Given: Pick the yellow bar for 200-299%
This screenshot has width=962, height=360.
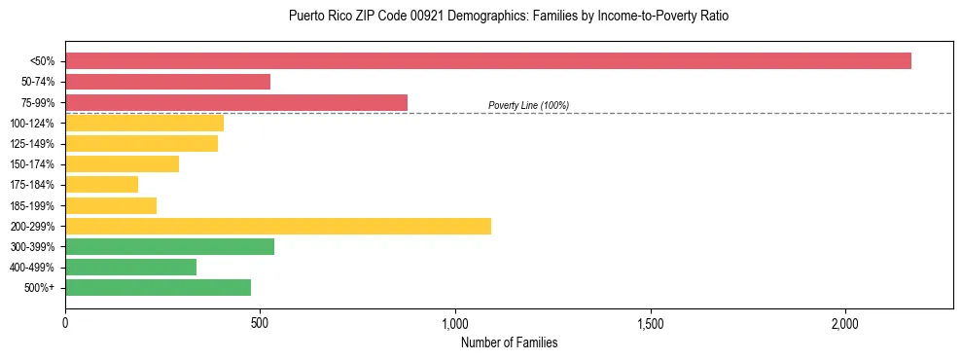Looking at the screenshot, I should coord(278,226).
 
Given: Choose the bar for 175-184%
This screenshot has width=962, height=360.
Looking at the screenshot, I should coord(102,184).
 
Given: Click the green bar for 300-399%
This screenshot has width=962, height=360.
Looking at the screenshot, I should coord(169,246).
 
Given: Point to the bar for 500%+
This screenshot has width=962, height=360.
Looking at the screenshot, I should coord(158,287).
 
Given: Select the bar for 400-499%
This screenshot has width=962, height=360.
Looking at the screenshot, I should coord(130,267).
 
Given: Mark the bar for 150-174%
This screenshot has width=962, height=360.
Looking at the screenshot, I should coord(122,163).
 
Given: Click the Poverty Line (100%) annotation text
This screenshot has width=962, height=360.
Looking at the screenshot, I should coord(528,105).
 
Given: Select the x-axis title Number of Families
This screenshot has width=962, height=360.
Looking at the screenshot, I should coord(509,342).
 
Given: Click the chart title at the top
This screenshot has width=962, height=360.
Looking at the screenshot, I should coord(509,17).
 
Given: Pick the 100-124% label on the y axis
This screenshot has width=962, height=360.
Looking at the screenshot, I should coord(32,124).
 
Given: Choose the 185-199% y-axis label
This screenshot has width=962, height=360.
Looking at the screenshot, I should coord(32,205).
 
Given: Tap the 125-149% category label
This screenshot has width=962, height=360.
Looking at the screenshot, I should coord(32,144).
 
